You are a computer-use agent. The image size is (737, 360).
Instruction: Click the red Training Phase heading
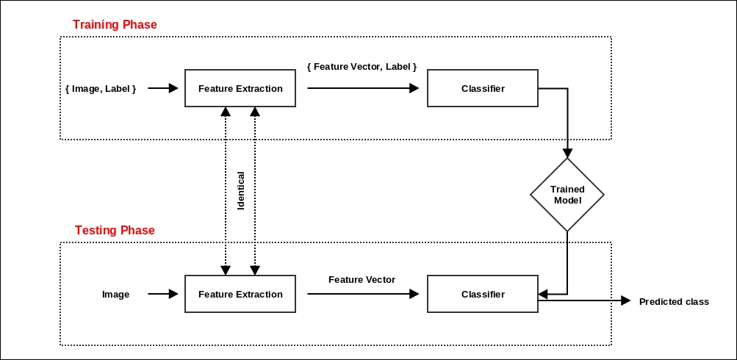click(x=115, y=25)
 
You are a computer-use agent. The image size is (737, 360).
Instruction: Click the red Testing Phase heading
click(x=115, y=231)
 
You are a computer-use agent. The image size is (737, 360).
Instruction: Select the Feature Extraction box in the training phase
click(x=240, y=88)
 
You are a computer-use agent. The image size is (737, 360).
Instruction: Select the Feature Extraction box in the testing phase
click(x=240, y=294)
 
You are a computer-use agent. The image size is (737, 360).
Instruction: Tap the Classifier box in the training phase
click(x=483, y=88)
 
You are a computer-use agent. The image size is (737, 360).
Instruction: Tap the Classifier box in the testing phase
click(x=483, y=294)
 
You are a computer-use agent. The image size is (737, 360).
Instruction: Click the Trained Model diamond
click(x=567, y=195)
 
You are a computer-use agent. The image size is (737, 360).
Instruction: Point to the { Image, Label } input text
click(x=101, y=88)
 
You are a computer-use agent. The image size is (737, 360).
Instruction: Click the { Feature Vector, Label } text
click(x=362, y=67)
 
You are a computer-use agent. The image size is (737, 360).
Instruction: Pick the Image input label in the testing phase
click(x=115, y=295)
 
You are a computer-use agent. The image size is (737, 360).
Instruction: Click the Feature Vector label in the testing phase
click(x=362, y=280)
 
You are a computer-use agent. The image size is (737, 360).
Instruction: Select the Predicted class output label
click(x=674, y=301)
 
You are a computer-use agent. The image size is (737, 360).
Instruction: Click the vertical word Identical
click(x=240, y=191)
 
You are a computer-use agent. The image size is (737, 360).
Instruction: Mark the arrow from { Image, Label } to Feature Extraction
click(x=163, y=88)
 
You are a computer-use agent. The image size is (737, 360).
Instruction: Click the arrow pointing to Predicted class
click(x=588, y=300)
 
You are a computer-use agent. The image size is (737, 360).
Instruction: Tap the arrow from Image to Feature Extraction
click(x=163, y=294)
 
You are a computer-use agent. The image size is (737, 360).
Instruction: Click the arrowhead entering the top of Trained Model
click(x=567, y=153)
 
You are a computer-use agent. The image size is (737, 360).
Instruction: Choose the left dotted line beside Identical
click(x=226, y=191)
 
